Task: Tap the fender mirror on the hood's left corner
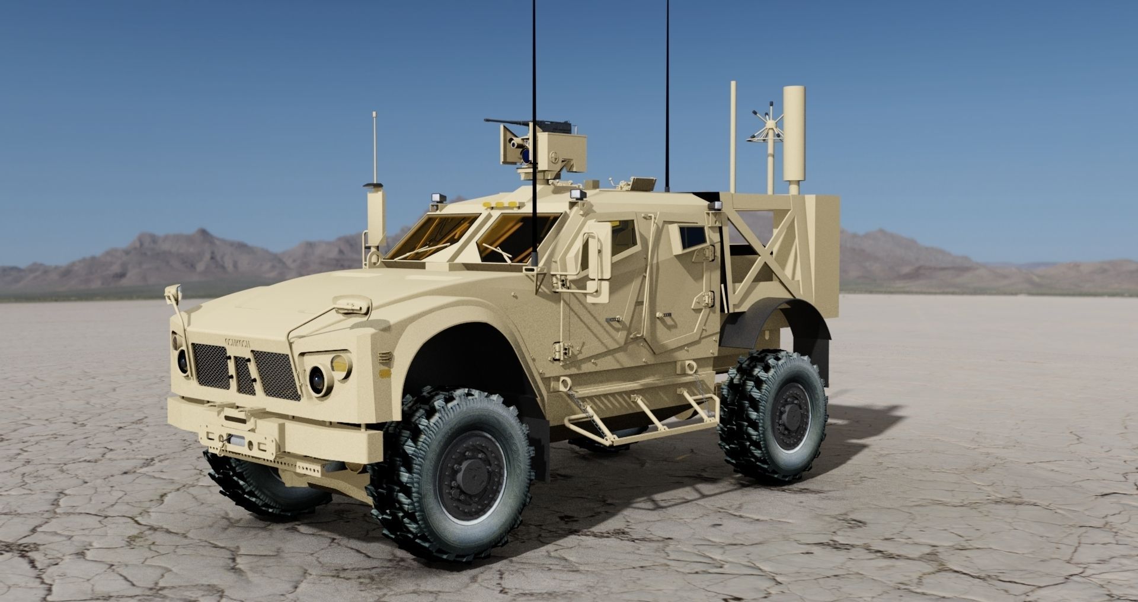174,292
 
